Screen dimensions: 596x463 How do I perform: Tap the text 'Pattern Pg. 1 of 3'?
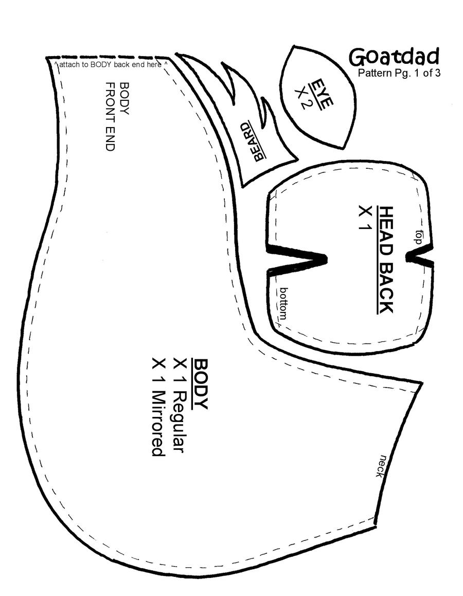(x=399, y=73)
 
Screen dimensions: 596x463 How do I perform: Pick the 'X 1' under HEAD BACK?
(x=365, y=218)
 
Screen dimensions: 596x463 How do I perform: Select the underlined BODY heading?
(x=200, y=384)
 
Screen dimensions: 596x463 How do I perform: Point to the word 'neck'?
(x=382, y=465)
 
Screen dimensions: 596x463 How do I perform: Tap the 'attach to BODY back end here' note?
(x=108, y=65)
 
